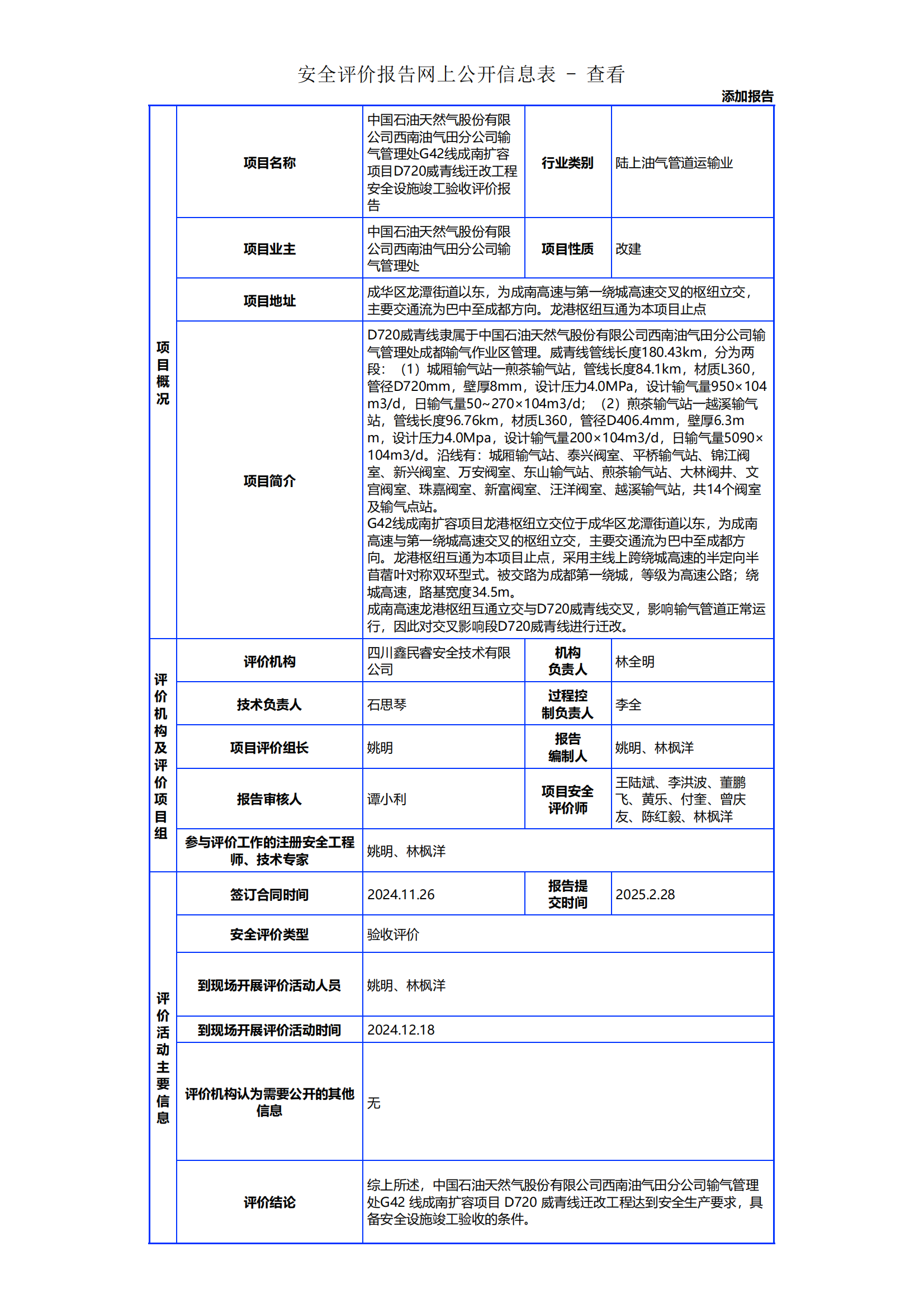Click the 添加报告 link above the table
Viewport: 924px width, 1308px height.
point(747,96)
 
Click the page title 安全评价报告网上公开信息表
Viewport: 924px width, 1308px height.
point(427,74)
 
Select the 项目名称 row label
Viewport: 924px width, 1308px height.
point(269,163)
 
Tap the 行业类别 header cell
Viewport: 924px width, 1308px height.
point(567,163)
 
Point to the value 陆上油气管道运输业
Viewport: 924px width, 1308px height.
point(674,163)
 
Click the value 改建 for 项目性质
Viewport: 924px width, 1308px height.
point(628,249)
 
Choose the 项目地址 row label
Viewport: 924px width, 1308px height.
point(269,301)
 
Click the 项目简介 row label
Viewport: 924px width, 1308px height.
point(269,481)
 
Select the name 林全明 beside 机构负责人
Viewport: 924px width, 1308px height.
point(635,662)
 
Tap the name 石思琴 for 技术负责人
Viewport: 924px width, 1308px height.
point(387,705)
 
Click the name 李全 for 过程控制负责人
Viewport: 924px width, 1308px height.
point(628,705)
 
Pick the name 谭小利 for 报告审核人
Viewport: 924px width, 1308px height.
point(387,799)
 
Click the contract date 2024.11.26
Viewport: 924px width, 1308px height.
point(401,894)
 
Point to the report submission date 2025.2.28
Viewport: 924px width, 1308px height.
point(645,894)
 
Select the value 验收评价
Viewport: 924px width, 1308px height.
point(393,934)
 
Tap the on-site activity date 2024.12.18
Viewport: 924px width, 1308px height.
point(401,1030)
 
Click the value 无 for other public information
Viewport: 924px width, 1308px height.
point(373,1103)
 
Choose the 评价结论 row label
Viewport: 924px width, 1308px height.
point(269,1202)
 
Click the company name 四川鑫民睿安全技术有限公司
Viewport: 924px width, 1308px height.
point(438,661)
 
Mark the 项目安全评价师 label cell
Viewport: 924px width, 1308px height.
point(567,799)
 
